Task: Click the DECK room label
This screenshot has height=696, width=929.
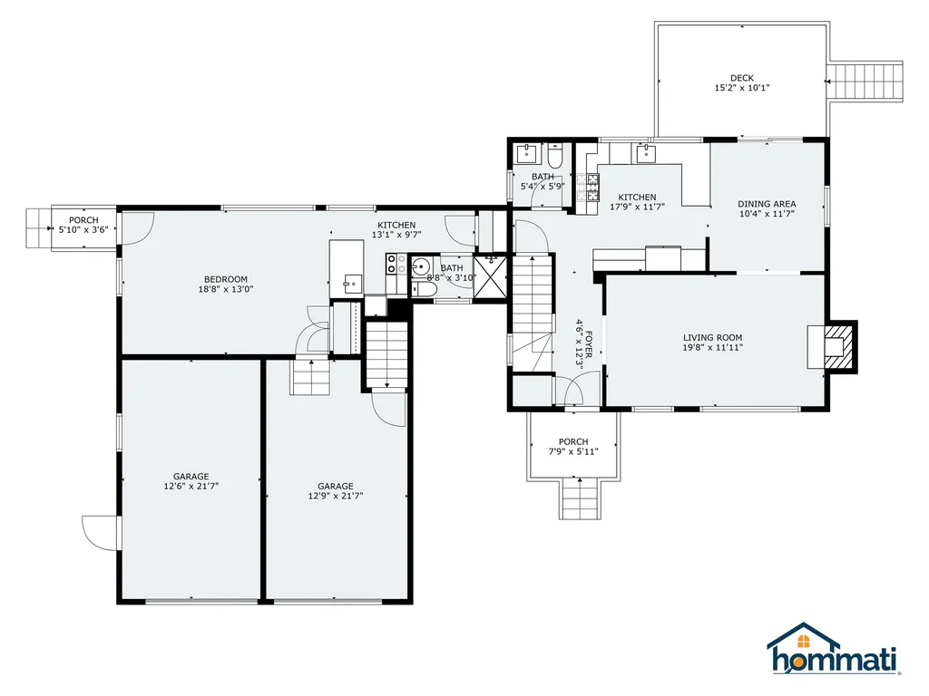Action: [742, 78]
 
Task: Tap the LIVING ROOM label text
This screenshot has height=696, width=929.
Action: [712, 338]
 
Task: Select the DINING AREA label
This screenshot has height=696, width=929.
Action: [767, 204]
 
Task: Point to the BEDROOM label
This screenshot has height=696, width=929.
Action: [226, 279]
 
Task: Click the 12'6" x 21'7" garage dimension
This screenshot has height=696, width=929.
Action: [191, 487]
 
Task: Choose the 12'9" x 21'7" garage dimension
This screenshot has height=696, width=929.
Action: [336, 496]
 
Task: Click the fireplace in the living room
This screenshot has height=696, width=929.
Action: [833, 346]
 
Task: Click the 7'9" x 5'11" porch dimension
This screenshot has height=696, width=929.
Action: [573, 452]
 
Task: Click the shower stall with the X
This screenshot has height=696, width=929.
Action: [491, 277]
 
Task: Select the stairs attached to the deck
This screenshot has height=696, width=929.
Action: [865, 82]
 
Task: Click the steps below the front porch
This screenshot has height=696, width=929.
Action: [581, 498]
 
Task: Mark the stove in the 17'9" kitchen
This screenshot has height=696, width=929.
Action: [592, 187]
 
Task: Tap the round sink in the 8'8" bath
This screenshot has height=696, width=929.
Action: [421, 267]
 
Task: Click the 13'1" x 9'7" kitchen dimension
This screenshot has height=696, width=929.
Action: [396, 235]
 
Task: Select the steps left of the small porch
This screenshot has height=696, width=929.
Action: [38, 228]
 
